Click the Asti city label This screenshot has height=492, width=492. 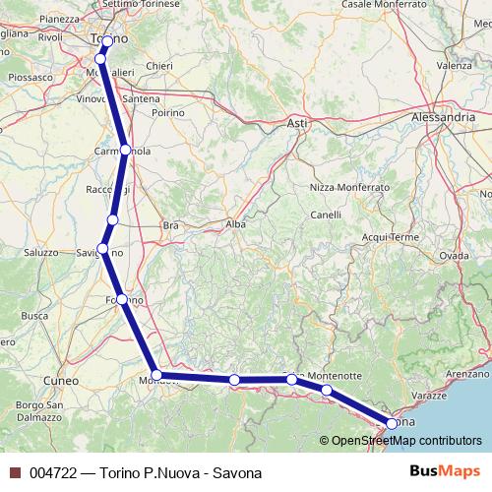(296, 123)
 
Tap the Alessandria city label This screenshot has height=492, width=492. (443, 116)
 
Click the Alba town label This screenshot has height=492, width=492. (236, 224)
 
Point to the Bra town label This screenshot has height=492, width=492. (170, 225)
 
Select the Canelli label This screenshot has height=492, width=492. (325, 215)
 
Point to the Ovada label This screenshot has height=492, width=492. (454, 255)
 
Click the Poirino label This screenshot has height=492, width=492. (167, 113)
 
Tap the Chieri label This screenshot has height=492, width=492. (158, 66)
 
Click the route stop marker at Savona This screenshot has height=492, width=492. (392, 424)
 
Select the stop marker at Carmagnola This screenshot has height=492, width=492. (126, 151)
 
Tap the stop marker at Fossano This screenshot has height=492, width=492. (121, 299)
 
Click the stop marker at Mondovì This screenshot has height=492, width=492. (155, 375)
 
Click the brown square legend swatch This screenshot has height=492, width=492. (15, 473)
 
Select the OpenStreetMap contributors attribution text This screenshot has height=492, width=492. (400, 441)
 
